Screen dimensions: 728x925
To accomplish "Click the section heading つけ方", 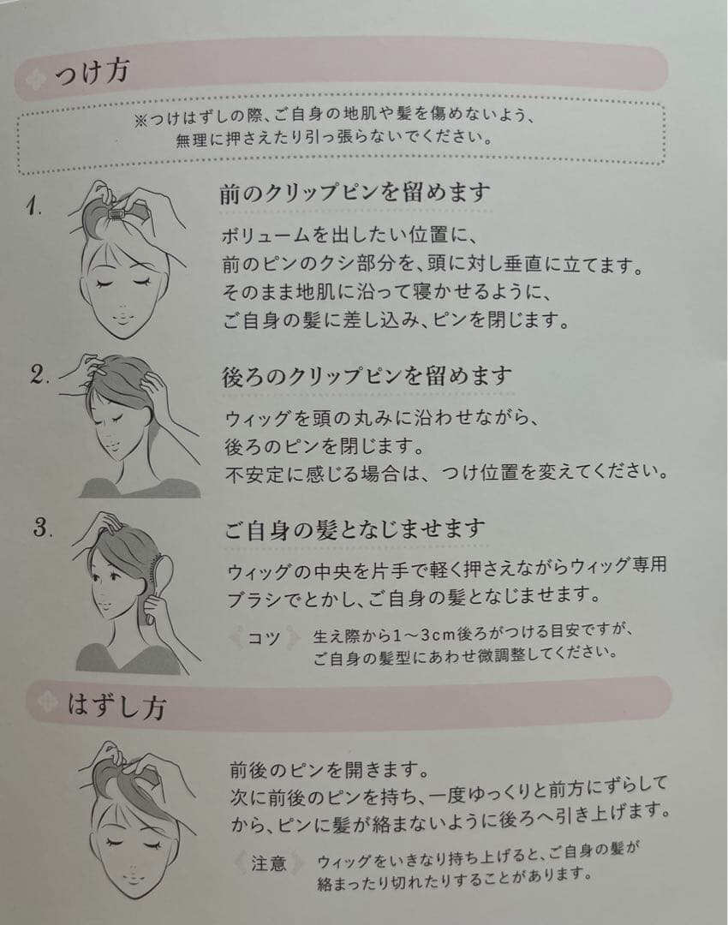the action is [92, 72].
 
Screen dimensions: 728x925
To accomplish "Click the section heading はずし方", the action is [116, 705].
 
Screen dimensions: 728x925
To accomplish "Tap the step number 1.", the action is [33, 206].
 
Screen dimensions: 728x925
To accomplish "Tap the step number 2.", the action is [39, 374].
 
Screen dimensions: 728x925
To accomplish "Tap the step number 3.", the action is [43, 527].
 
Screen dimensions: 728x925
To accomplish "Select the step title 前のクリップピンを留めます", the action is [355, 193].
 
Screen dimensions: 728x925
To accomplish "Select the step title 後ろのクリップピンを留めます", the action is [367, 376].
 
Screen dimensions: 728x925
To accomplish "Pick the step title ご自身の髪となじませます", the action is [355, 529].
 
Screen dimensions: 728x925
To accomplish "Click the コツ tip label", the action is [264, 638].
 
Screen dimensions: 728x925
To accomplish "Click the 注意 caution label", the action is [268, 863].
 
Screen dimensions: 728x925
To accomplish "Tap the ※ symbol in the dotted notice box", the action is [141, 120].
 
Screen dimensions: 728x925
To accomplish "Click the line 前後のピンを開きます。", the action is [329, 769].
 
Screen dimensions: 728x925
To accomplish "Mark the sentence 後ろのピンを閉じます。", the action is [325, 446].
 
